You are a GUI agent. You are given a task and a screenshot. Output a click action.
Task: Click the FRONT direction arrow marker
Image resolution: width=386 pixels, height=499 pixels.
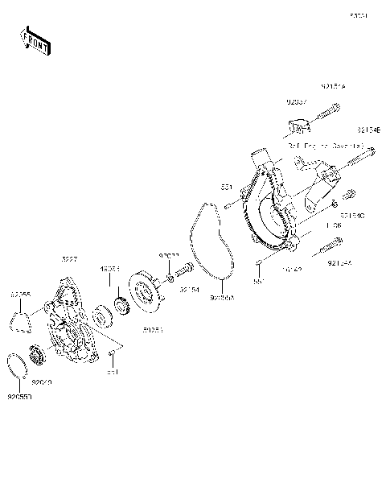pyautogui.click(x=35, y=40)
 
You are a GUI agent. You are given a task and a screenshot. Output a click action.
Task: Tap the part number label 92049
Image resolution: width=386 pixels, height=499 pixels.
pyautogui.click(x=41, y=383)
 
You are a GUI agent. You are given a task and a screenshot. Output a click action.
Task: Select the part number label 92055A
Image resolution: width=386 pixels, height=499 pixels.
pyautogui.click(x=221, y=297)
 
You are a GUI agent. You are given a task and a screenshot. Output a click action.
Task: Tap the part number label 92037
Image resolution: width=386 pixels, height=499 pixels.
pyautogui.click(x=297, y=102)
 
